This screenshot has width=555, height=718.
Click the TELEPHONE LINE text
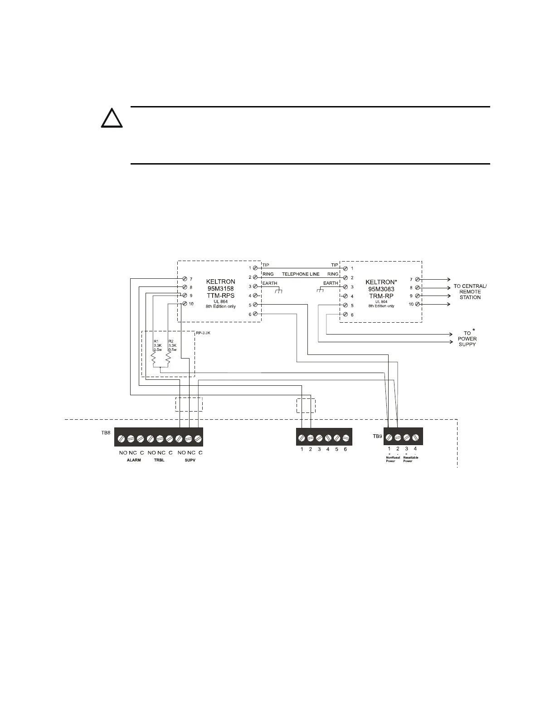301,274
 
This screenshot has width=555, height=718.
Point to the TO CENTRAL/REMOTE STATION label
470,292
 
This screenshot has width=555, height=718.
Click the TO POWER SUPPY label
467,339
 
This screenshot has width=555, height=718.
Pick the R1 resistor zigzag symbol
154,359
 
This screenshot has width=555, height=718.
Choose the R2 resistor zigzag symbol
168,359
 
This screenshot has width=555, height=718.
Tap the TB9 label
372,437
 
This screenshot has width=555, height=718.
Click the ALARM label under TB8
134,460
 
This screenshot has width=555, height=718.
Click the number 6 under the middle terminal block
346,449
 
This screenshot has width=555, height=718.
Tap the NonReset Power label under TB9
390,459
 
